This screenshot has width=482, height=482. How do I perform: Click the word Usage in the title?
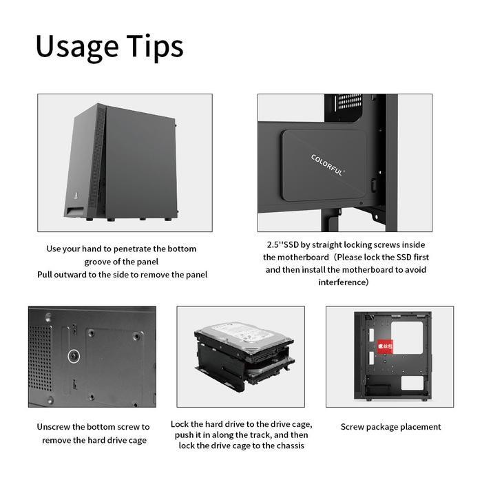(x=76, y=46)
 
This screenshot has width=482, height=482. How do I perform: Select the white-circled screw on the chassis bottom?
(x=73, y=356)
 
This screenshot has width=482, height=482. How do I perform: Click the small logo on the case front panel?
(x=74, y=194)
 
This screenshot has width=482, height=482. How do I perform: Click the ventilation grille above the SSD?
(x=348, y=104)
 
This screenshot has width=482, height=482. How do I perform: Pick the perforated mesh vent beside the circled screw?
(x=40, y=355)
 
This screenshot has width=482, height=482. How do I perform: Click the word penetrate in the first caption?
(x=135, y=249)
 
